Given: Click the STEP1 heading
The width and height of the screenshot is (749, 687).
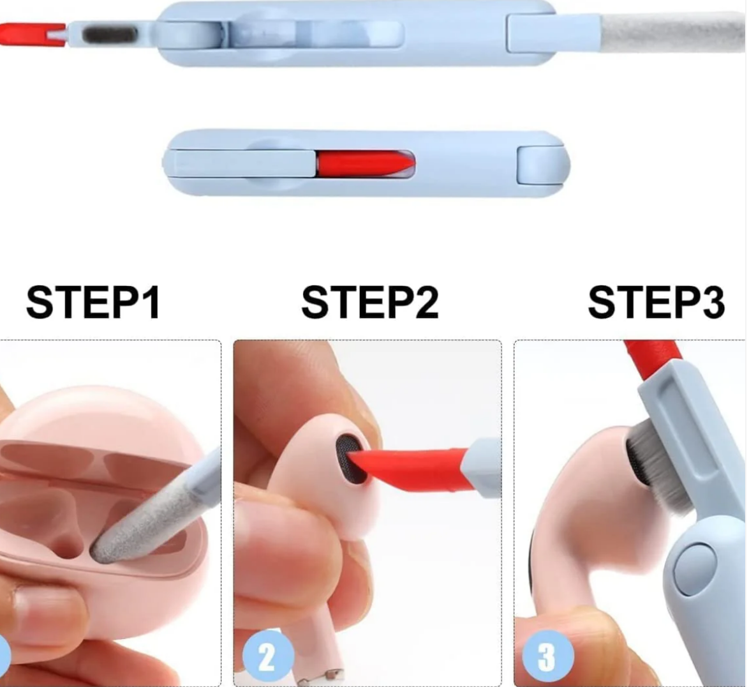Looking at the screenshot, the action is tap(93, 302).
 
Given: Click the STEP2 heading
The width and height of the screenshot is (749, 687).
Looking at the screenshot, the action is tap(370, 302).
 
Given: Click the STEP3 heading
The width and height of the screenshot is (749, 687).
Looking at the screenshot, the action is tap(656, 302).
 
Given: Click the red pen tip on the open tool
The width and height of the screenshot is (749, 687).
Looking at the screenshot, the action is tap(31, 35).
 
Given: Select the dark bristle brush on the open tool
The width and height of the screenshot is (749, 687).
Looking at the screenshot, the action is tap(110, 35).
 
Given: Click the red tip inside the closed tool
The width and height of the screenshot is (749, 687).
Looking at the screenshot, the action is tap(366, 163).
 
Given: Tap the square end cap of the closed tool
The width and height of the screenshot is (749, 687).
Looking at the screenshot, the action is tap(542, 166).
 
